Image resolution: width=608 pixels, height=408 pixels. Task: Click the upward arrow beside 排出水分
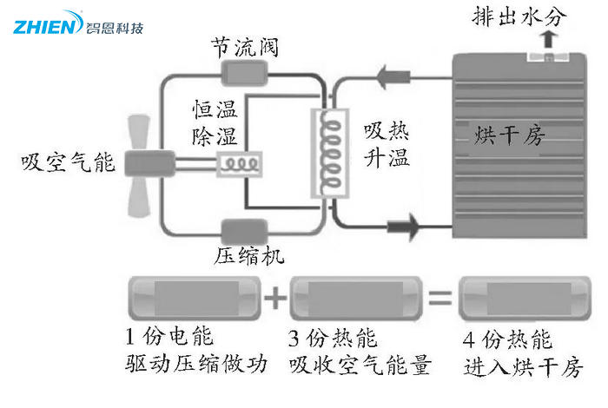point(546,38)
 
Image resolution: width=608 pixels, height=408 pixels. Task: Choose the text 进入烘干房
point(520,363)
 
